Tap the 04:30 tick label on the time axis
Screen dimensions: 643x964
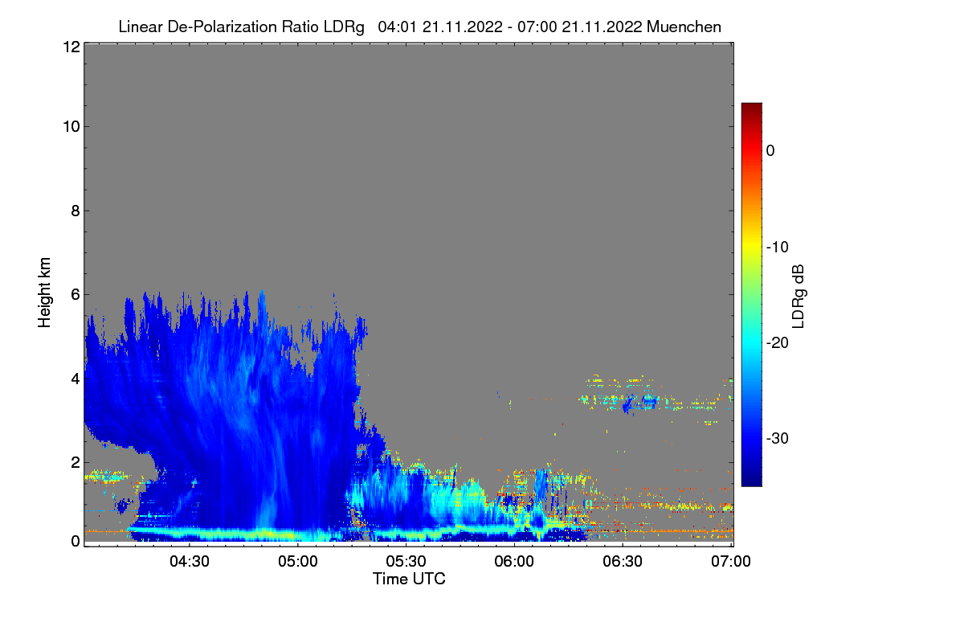pos(190,561)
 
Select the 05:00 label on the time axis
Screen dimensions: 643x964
pos(298,561)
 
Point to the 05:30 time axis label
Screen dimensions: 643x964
pos(406,561)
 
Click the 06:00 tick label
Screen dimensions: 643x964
pos(515,561)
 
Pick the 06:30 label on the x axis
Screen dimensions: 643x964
pos(623,561)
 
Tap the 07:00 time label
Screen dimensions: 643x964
pos(731,561)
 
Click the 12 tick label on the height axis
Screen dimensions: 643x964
pos(70,47)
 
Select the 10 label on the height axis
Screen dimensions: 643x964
pos(70,126)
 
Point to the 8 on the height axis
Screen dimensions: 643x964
pos(75,211)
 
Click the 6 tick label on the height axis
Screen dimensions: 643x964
pos(75,295)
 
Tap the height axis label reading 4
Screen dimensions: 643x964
pos(75,378)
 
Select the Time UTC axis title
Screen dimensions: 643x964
pos(408,579)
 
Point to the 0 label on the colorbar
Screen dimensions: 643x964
pos(770,150)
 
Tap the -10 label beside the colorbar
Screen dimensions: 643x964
pos(777,247)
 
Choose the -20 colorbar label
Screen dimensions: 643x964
pos(777,342)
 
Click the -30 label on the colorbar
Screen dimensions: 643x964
pos(777,439)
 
